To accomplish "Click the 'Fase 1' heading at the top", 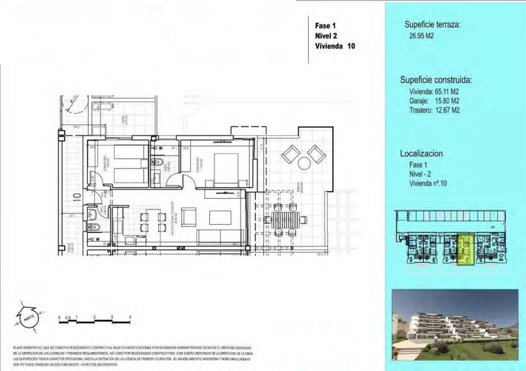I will (326, 25).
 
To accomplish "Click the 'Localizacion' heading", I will (421, 153).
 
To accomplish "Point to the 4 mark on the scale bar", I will (130, 318).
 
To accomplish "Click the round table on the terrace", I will (305, 164).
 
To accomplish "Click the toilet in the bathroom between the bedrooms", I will (159, 163).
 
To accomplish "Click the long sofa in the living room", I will (220, 237).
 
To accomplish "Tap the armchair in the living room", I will (189, 217).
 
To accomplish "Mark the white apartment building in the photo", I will (452, 323).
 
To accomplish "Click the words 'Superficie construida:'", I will (436, 80).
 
